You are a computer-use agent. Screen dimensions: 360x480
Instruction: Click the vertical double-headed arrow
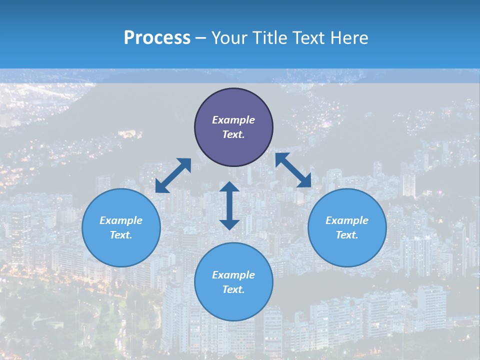click(229, 205)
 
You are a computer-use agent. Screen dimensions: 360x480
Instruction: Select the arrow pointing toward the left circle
click(173, 175)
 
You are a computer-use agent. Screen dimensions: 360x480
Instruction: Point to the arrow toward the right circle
click(293, 170)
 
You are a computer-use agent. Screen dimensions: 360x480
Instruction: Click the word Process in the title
click(157, 37)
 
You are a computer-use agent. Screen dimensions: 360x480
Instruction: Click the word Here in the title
click(348, 37)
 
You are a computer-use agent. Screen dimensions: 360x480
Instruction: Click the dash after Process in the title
click(200, 38)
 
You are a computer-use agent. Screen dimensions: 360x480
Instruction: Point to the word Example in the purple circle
click(233, 120)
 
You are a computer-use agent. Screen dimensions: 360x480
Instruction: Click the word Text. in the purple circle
click(233, 134)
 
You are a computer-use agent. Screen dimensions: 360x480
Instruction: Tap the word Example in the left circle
click(121, 220)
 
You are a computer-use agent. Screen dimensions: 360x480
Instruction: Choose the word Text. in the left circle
click(121, 235)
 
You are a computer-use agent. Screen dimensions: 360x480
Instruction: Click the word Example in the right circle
click(347, 220)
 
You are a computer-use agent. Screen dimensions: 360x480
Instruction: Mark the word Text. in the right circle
click(347, 235)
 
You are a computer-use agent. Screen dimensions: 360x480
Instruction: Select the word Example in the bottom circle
click(233, 275)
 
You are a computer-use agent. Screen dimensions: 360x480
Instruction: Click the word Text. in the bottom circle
click(233, 289)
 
